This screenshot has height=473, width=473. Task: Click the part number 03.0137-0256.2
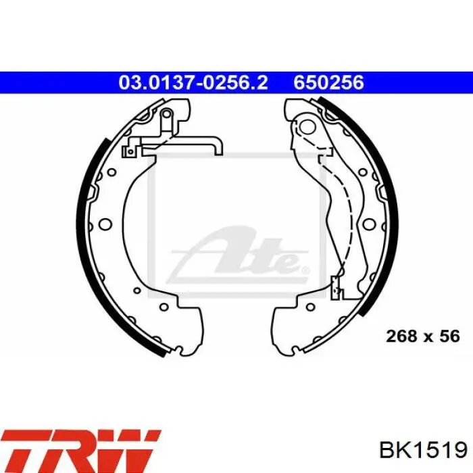(x=193, y=82)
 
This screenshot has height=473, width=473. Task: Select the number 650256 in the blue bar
(x=329, y=82)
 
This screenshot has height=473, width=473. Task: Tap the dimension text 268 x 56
(x=423, y=336)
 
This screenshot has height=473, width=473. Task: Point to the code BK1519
(x=424, y=451)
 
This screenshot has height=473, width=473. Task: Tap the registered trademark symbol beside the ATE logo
(x=305, y=270)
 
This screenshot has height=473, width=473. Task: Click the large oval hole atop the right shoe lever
(x=308, y=127)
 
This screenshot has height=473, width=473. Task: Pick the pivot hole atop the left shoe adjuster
(x=166, y=114)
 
